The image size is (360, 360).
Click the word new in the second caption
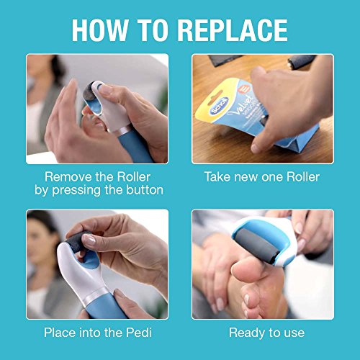(248, 176)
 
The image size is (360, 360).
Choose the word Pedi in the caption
(138, 333)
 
